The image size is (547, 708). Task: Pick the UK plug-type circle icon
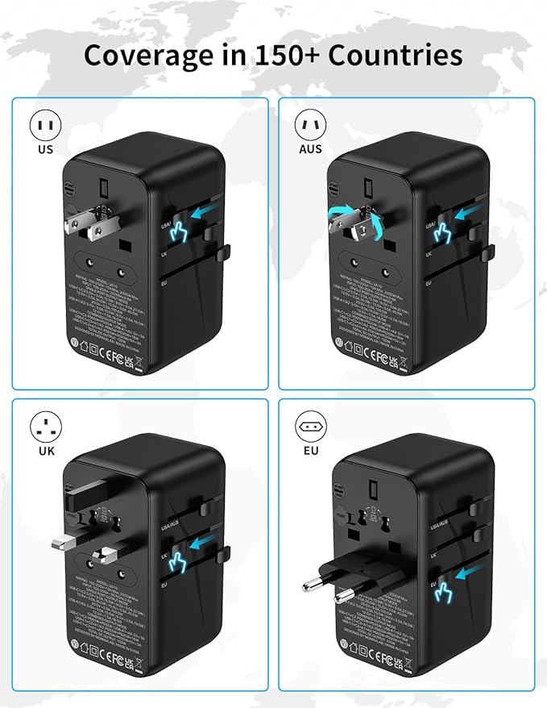tap(46, 427)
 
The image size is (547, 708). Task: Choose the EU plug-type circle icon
tap(310, 427)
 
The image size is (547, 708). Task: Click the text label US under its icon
tap(46, 149)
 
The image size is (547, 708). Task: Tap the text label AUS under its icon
tap(310, 149)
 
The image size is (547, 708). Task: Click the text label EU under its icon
tap(310, 451)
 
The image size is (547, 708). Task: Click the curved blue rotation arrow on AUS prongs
tap(342, 214)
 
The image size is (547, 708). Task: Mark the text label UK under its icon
tap(46, 451)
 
